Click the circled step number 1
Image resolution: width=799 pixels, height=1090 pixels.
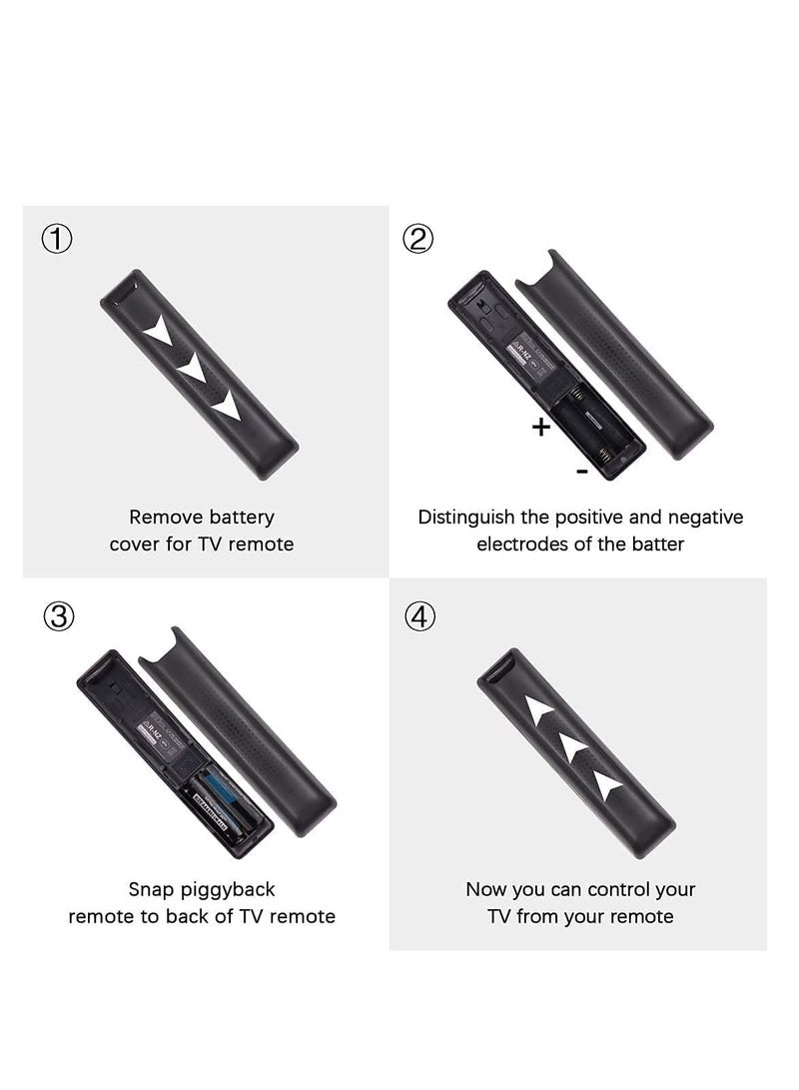(58, 240)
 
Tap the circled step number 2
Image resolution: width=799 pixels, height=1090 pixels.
(418, 240)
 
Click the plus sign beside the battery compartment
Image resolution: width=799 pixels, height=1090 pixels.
(540, 428)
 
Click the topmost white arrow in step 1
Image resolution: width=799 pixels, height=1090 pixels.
(157, 335)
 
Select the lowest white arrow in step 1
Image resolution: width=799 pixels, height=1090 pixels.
(227, 405)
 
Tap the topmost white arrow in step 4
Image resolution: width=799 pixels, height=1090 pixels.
(539, 711)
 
